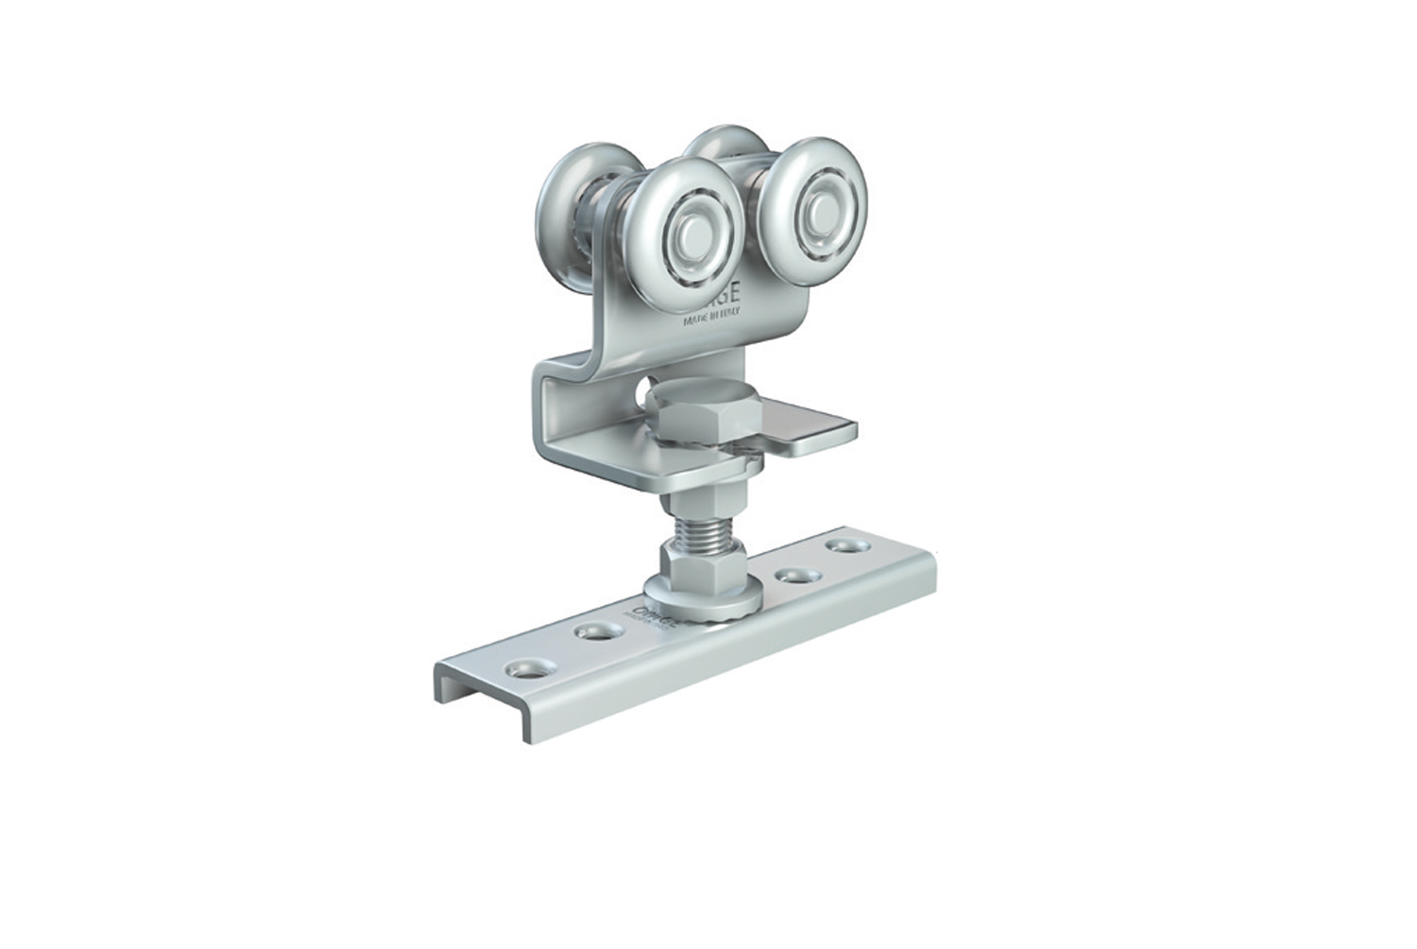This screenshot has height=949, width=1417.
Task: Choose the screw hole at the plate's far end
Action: coord(837,546)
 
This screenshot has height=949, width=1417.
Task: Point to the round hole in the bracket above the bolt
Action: coord(644,388)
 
